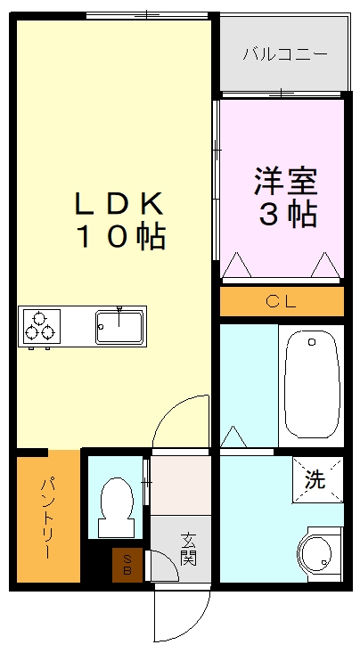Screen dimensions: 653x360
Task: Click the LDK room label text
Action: pyautogui.click(x=119, y=203)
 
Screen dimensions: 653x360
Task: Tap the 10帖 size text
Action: pyautogui.click(x=119, y=237)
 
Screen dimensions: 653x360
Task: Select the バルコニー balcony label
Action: pyautogui.click(x=284, y=53)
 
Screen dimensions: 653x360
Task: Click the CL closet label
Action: pyautogui.click(x=282, y=301)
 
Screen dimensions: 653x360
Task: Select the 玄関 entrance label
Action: pyautogui.click(x=188, y=548)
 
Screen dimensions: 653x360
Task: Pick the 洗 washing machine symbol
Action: pyautogui.click(x=315, y=478)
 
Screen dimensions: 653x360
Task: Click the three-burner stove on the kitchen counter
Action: pyautogui.click(x=40, y=325)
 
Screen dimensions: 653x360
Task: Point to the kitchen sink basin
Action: pyautogui.click(x=120, y=325)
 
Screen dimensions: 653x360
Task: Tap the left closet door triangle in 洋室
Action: pyautogui.click(x=238, y=266)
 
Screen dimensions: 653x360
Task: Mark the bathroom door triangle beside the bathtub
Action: pyautogui.click(x=233, y=437)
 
